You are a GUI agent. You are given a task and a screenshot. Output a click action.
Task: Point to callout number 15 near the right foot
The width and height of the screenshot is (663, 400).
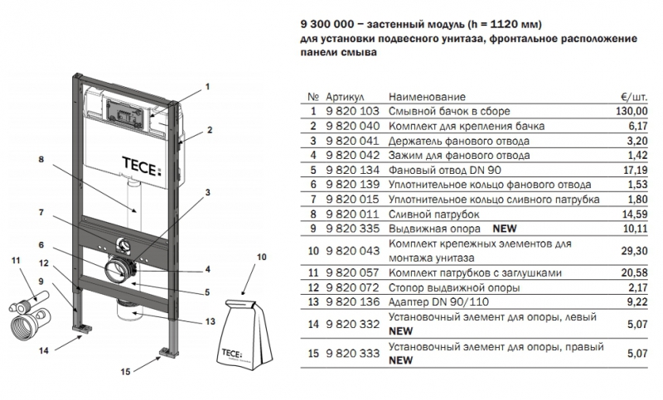coord(123,372)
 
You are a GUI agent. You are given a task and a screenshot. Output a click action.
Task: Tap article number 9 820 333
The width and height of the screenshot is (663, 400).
coord(353,354)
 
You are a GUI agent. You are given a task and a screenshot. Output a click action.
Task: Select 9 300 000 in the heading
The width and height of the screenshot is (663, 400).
coord(327,25)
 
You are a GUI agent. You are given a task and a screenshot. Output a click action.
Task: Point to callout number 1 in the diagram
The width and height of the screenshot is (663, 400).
coord(209,86)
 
